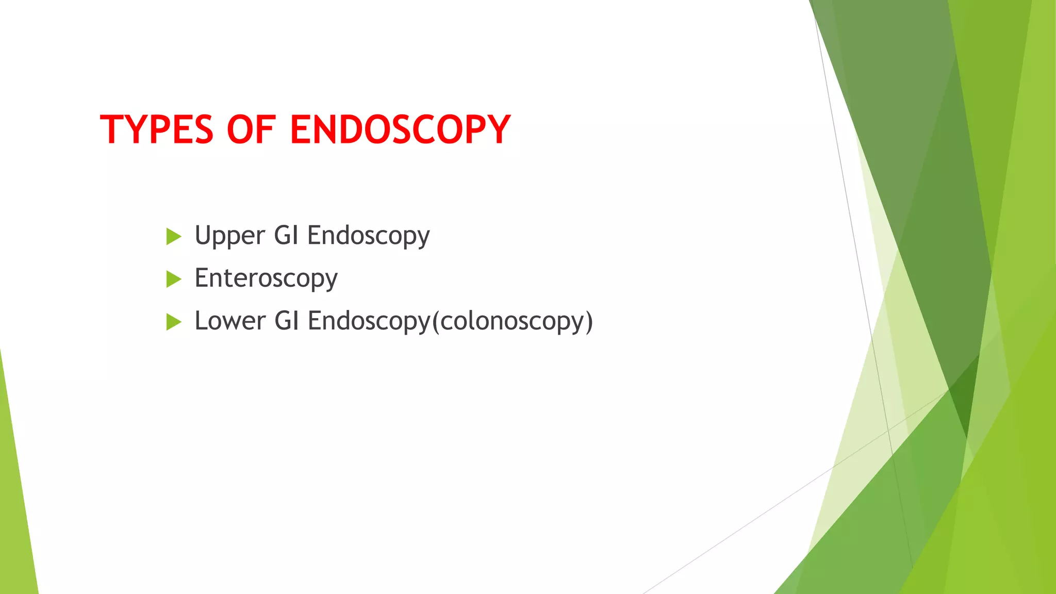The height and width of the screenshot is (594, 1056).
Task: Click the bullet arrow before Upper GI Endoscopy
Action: (x=174, y=237)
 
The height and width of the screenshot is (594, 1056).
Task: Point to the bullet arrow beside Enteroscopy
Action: (x=174, y=279)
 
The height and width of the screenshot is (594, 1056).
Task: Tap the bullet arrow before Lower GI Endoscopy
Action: (x=174, y=322)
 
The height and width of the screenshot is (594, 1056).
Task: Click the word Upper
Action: (x=229, y=236)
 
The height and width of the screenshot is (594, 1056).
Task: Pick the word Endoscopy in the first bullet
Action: (x=368, y=236)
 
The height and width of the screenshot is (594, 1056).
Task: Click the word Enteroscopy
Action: (x=266, y=278)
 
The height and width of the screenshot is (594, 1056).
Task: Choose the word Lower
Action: (x=230, y=321)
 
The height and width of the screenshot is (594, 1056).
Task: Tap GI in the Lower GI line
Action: (x=287, y=321)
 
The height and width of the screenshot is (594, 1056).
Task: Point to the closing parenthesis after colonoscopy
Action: (x=588, y=321)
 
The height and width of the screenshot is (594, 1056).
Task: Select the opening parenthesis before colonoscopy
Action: (x=436, y=321)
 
